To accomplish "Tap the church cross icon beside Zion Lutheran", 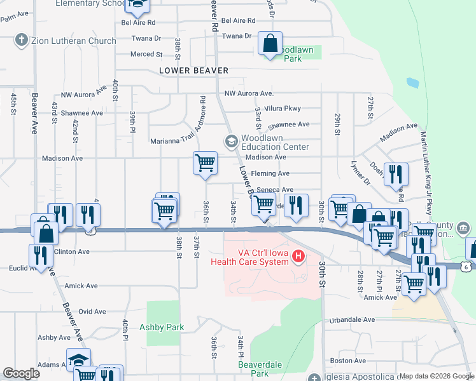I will pyautogui.click(x=21, y=41).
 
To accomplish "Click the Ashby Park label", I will pyautogui.click(x=162, y=328).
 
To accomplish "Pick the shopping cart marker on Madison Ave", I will pyautogui.click(x=206, y=163).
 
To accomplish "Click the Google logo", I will pyautogui.click(x=21, y=373).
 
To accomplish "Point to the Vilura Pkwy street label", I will pyautogui.click(x=283, y=109).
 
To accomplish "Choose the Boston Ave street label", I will pyautogui.click(x=349, y=361).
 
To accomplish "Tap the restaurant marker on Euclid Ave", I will pyautogui.click(x=41, y=256).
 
